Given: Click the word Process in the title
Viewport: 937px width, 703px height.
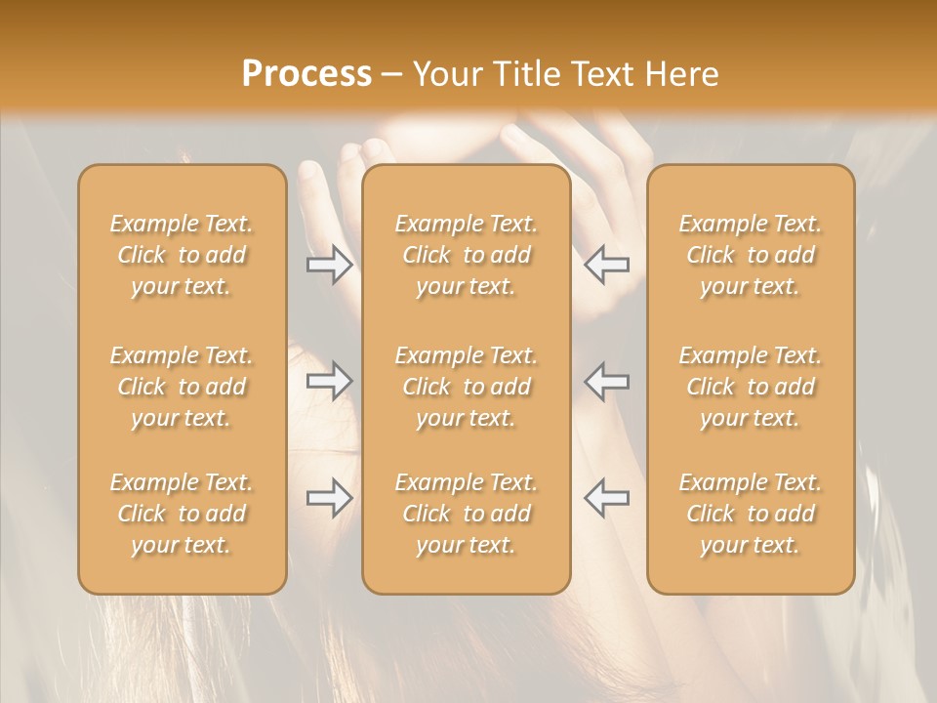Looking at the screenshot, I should tap(306, 74).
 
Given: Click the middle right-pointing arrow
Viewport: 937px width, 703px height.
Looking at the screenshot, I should tap(330, 381).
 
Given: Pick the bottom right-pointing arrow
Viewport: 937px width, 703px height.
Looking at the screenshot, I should tap(330, 498).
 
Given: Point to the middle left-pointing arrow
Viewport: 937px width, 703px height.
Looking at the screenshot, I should tap(606, 381).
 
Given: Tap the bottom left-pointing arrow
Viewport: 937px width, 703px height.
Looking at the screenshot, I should tap(606, 498).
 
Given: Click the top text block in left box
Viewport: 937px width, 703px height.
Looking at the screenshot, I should tap(182, 255).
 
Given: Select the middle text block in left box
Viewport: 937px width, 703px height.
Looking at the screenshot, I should tap(182, 387).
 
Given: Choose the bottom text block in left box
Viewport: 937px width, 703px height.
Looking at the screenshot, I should tap(182, 514).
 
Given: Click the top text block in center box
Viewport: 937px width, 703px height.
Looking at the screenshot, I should tap(467, 255).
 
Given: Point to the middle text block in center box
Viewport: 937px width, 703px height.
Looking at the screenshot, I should tap(467, 387).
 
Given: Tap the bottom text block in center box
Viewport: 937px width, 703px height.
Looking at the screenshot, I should tap(467, 514).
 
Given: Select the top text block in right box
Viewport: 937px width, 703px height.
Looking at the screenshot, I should tap(751, 255).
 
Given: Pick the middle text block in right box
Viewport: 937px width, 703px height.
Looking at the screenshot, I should tap(751, 387).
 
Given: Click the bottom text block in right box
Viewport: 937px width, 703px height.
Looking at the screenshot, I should tap(751, 514).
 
